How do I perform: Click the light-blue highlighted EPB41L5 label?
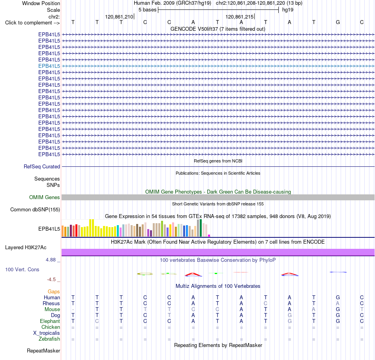click(49, 66)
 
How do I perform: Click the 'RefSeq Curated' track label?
click(42, 166)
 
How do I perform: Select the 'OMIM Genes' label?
click(45, 197)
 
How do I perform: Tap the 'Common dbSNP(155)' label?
click(35, 209)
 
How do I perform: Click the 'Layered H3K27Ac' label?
click(26, 248)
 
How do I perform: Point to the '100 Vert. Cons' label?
click(22, 269)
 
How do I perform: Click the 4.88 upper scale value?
click(51, 260)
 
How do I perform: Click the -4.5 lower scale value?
click(51, 280)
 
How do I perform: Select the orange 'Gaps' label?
click(54, 291)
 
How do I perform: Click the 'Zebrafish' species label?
click(49, 339)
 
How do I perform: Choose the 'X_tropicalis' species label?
click(47, 333)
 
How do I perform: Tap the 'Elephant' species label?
click(50, 321)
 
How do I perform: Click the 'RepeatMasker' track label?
click(43, 351)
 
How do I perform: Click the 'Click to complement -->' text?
click(32, 23)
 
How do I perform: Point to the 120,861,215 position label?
click(239, 17)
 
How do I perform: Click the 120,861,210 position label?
click(119, 17)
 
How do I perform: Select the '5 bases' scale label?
click(147, 10)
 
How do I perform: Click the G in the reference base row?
click(337, 22)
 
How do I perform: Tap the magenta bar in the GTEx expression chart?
click(209, 235)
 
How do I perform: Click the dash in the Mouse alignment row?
click(73, 310)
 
